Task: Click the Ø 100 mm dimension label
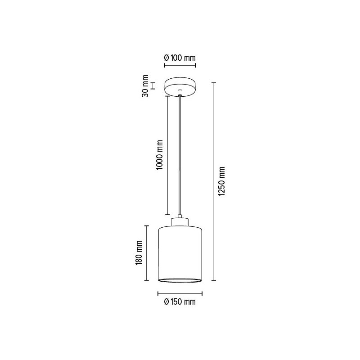[180, 58]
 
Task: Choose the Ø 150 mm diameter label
[180, 302]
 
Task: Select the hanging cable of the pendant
[180, 157]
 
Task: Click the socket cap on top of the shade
[180, 221]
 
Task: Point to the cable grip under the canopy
[180, 93]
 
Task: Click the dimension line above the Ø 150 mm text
[180, 294]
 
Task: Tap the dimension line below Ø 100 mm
[180, 66]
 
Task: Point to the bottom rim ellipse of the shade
[180, 281]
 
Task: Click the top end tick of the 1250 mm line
[214, 83]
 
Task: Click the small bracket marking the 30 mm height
[153, 85]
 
